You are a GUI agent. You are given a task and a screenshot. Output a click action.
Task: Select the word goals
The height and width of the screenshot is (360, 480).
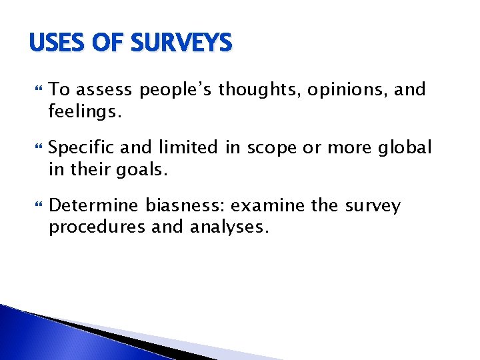[x=143, y=169]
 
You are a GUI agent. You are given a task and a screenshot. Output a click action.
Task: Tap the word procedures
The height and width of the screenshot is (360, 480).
[x=97, y=227]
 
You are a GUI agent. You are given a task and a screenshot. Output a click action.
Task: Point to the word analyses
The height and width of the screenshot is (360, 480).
[x=229, y=227]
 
